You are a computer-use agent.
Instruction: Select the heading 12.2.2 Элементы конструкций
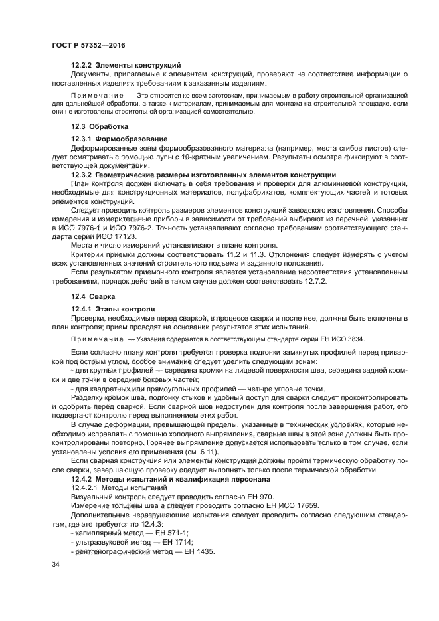(126, 65)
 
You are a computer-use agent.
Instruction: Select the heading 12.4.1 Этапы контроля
(113, 310)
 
